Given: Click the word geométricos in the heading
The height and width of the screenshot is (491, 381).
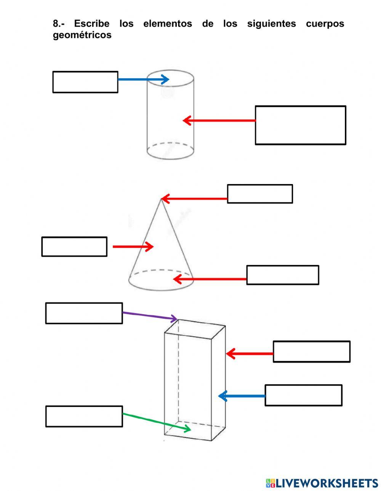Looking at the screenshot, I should pos(82,35).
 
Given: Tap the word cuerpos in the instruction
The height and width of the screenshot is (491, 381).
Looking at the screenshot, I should pos(325,24).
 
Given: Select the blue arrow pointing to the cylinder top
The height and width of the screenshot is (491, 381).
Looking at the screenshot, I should pos(143,79).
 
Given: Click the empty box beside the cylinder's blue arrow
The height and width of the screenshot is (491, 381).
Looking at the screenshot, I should pos(85,82).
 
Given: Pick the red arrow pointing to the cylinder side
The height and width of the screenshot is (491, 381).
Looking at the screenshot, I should pos(219,121).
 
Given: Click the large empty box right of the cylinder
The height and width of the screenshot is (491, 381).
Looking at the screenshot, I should pos(300,125).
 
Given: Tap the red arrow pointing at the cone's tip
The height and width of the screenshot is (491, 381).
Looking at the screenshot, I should pos(194,199).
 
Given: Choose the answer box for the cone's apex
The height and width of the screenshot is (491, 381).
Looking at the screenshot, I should pos(260,194).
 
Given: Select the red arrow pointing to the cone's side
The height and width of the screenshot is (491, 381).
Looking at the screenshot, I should pos(133,246).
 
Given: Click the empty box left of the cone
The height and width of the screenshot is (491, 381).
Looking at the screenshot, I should pos(74,246).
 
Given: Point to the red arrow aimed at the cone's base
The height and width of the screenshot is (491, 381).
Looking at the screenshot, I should pos(210,279).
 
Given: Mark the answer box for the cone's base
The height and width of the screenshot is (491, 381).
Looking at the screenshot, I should pos(282,275).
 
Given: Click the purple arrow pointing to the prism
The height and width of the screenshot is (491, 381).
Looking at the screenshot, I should pos(150,316).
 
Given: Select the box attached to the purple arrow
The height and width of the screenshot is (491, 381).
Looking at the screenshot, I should pos(84,313).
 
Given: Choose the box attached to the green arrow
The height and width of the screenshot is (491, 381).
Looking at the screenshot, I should pos(84,416).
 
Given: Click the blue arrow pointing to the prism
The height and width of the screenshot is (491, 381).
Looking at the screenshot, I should pos(242,396).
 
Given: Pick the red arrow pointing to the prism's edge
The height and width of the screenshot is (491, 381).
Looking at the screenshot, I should pos(250,354).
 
